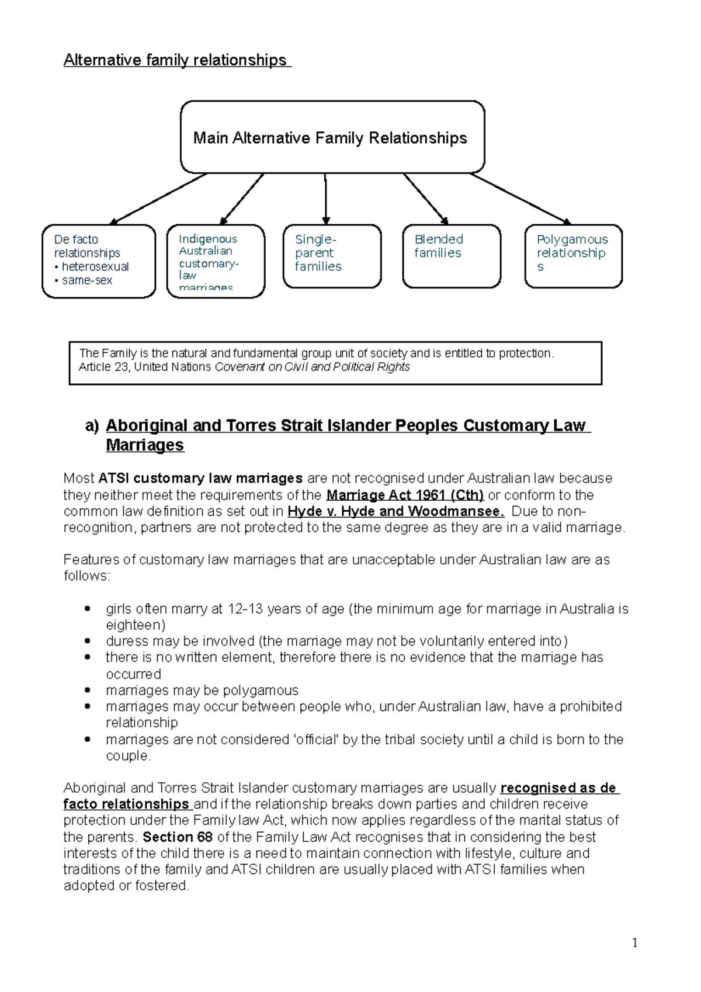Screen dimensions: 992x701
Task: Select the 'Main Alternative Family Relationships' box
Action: coord(332,138)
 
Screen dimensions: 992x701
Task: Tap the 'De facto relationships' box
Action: coord(99,261)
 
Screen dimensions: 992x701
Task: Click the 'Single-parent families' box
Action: coord(332,256)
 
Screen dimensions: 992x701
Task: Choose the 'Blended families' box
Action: coord(451,256)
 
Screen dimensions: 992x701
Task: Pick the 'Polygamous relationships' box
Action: coord(573,256)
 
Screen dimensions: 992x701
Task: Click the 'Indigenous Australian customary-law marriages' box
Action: coord(216,261)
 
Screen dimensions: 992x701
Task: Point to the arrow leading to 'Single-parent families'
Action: coord(325,199)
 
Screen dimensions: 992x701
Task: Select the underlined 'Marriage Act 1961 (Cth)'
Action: coord(405,495)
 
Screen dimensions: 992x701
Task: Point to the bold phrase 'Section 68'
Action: coord(178,837)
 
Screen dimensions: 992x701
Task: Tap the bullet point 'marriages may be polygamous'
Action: coord(202,691)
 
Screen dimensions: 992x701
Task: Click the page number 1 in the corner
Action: coord(634,943)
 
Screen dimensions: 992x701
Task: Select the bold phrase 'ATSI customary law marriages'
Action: coord(200,478)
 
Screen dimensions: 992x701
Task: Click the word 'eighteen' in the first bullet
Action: coord(133,625)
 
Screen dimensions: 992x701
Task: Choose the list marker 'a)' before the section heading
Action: coord(92,426)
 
